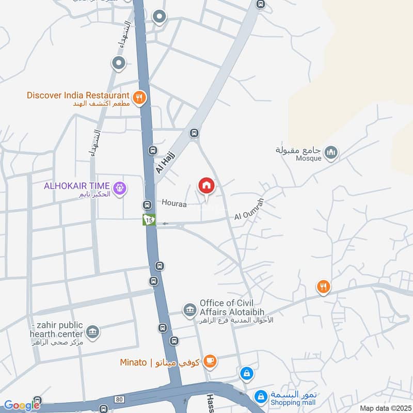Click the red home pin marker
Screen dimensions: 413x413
[x=206, y=185]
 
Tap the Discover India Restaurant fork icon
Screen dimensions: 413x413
[x=139, y=97]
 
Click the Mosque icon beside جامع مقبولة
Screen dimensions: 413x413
[x=331, y=152]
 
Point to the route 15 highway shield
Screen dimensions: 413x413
[x=149, y=220]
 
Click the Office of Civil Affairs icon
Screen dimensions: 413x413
[x=189, y=310]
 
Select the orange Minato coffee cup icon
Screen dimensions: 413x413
[x=210, y=361]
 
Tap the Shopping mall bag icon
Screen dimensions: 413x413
[x=261, y=396]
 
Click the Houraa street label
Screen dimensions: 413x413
[x=173, y=203]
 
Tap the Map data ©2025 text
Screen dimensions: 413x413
[x=384, y=408]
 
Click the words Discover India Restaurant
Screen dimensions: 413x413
[x=78, y=95]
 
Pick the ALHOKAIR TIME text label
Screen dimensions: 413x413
[x=76, y=185]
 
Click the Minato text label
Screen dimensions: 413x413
[x=134, y=362]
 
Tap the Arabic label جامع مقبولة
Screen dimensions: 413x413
[x=299, y=150]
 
